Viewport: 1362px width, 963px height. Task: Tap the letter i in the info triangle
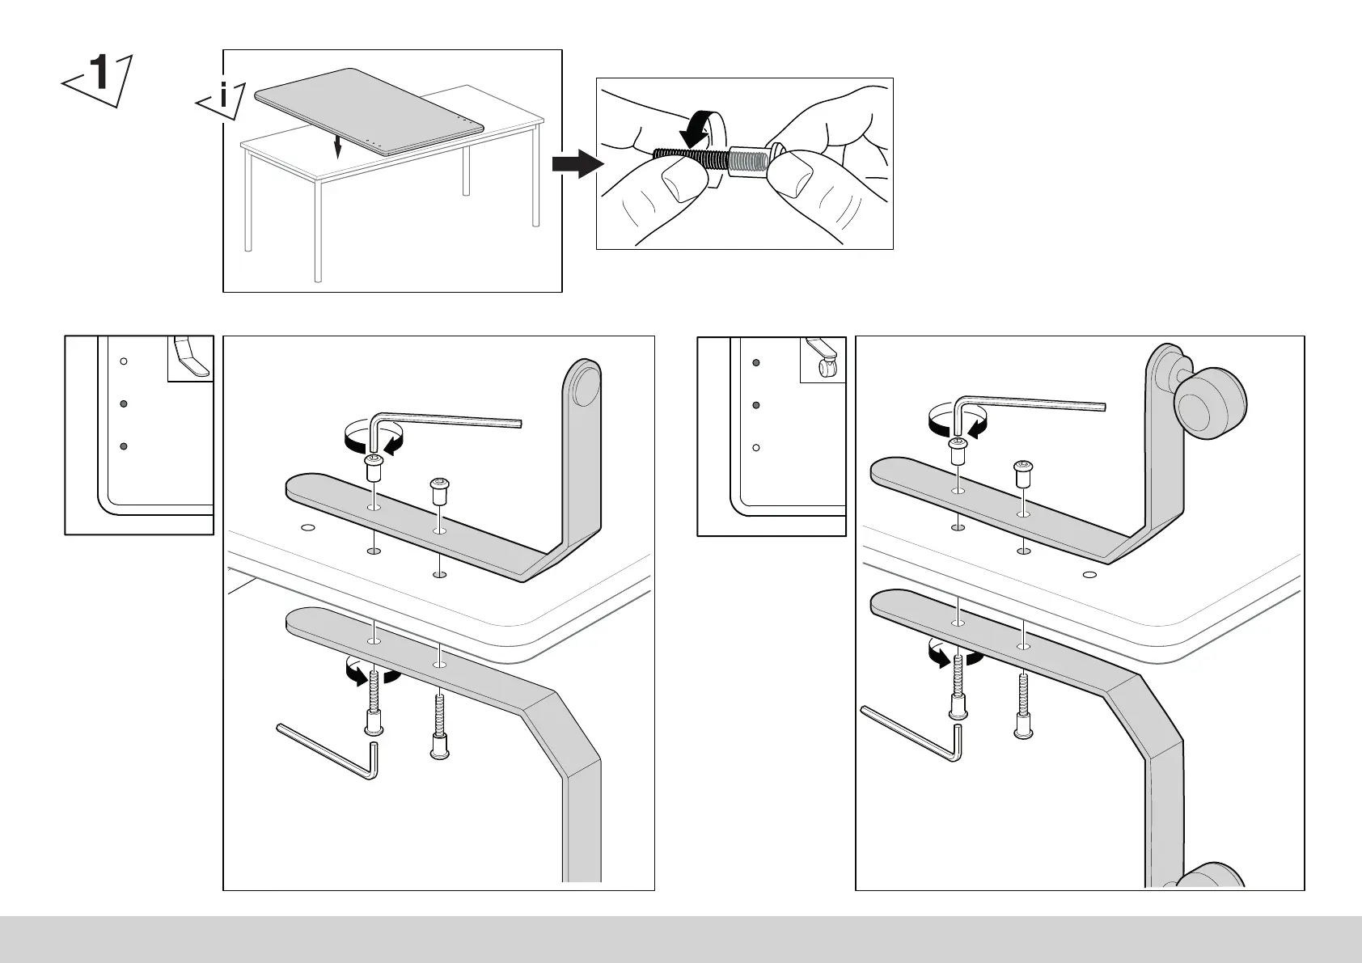(223, 99)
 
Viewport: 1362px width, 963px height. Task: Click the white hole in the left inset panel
(124, 361)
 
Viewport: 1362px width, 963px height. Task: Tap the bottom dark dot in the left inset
(124, 446)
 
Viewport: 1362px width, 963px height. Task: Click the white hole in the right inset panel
(756, 447)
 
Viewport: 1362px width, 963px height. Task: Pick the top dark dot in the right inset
(756, 363)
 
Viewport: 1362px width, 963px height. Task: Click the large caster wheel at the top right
(1210, 402)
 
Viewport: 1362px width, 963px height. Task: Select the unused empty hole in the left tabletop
(307, 528)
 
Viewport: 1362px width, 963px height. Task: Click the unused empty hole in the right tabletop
(1089, 575)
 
